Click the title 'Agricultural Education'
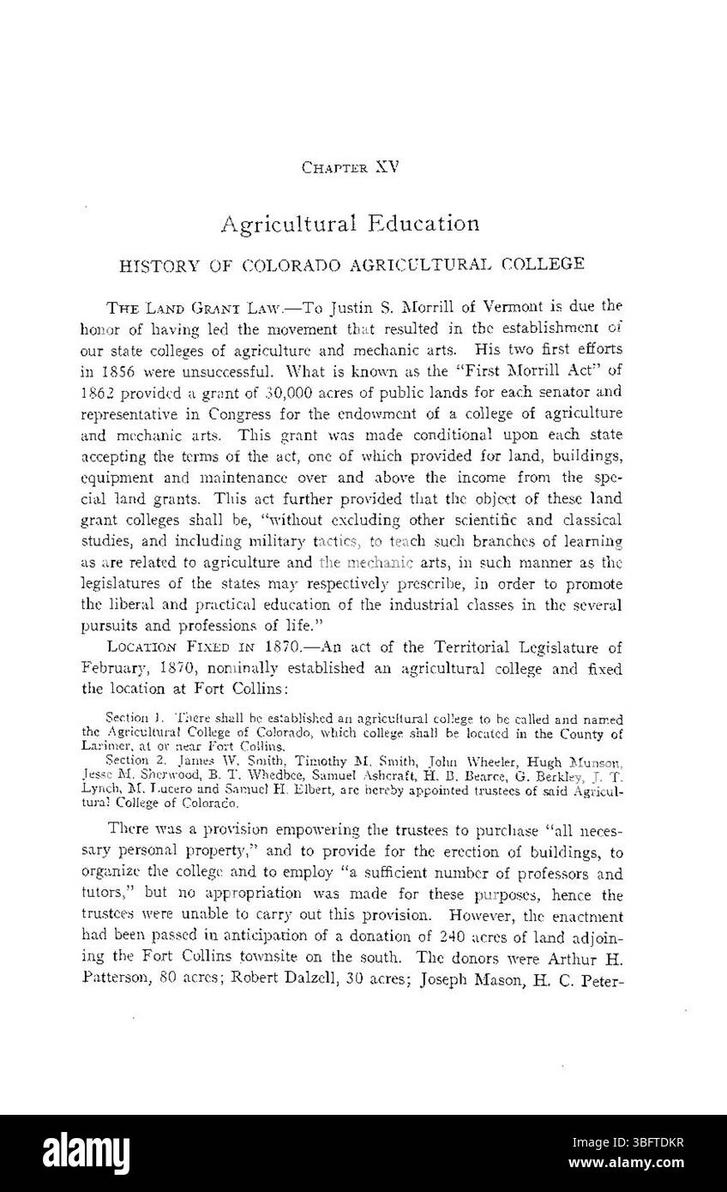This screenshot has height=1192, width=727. (x=350, y=224)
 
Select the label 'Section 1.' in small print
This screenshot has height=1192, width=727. (x=132, y=716)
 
